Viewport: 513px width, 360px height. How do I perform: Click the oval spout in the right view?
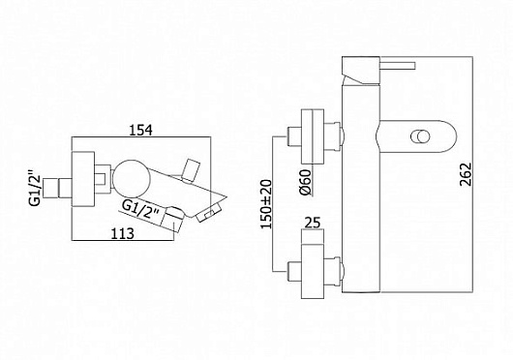tap(411, 136)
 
